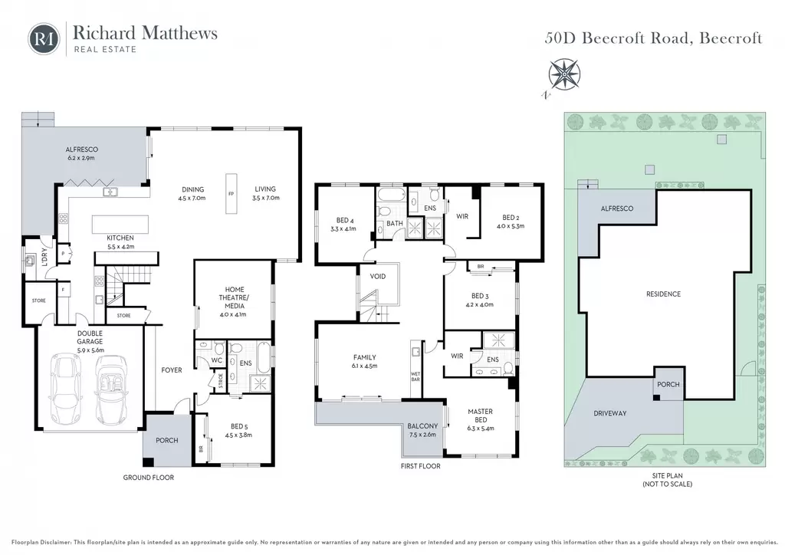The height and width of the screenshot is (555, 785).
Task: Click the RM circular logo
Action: [x=44, y=38]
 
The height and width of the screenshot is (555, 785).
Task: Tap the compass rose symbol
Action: [x=564, y=75]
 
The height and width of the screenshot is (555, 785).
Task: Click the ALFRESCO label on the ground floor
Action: [x=81, y=149]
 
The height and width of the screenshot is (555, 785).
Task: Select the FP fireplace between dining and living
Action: [x=231, y=194]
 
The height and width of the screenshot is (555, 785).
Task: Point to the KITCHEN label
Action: [x=120, y=238]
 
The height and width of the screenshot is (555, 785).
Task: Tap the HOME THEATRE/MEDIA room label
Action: [x=235, y=297]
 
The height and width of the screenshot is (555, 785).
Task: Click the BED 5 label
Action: [x=239, y=427]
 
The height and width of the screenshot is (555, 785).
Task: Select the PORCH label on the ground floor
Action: [x=166, y=440]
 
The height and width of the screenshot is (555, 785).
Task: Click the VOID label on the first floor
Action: [x=377, y=276]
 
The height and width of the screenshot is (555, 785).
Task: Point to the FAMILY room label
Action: [x=364, y=357]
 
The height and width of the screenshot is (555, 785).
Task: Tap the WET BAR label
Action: [x=415, y=376]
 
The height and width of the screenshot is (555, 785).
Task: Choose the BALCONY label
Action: [x=422, y=426]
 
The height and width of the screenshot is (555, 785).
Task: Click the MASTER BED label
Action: [x=480, y=415]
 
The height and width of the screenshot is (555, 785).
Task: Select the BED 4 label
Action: [x=345, y=220]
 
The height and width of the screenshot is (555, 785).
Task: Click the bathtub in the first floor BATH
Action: [x=391, y=194]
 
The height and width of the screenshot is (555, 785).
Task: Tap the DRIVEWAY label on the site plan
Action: [x=609, y=413]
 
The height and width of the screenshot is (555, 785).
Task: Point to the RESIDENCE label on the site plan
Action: [x=663, y=294]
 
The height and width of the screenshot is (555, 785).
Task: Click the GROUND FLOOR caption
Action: [x=149, y=478]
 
